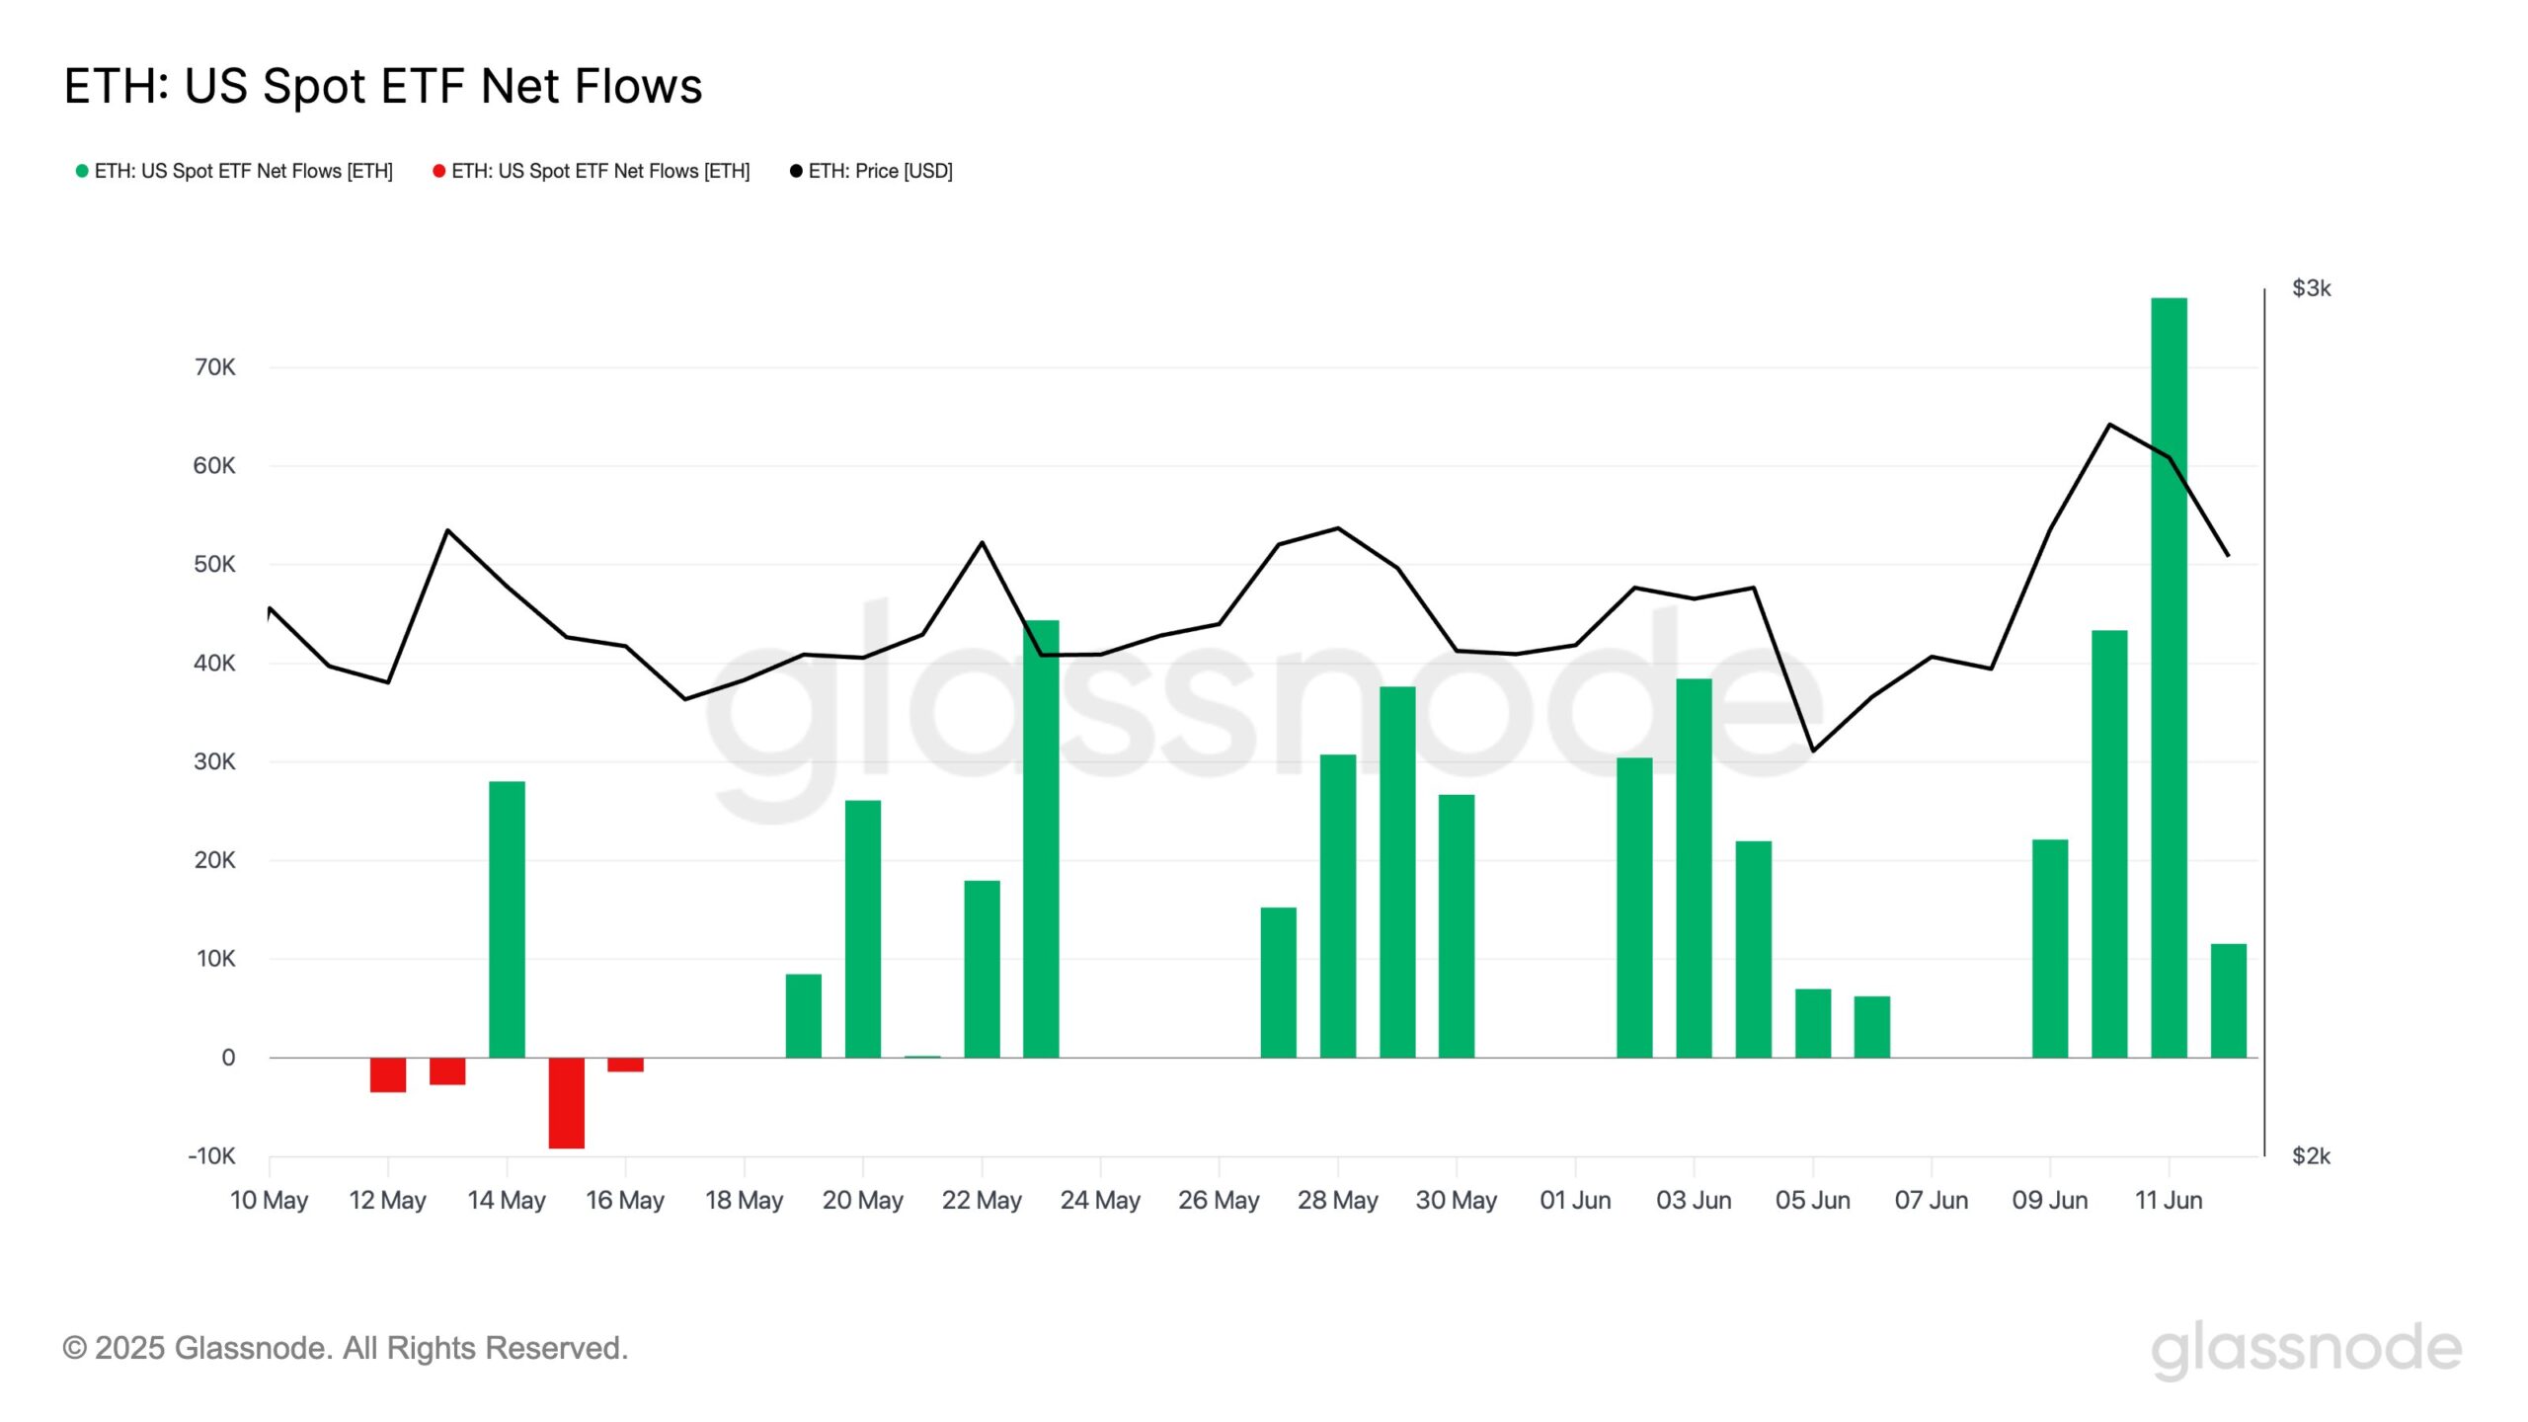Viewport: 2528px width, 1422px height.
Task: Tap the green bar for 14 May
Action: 507,918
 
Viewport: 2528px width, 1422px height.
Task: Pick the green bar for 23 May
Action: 1041,838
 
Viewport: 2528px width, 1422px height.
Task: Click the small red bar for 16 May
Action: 625,1065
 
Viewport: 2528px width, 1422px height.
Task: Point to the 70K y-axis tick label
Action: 214,367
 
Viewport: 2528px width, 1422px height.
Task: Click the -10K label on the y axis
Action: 211,1155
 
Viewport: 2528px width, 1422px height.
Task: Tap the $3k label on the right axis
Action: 2311,288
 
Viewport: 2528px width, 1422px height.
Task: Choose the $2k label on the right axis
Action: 2311,1155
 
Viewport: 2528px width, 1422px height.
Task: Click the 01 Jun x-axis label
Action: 1575,1200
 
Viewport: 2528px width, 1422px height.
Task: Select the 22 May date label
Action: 981,1200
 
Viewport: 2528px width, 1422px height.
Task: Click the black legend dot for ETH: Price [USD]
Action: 796,171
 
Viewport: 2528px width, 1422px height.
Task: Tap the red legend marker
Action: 438,171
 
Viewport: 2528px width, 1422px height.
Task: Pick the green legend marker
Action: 82,171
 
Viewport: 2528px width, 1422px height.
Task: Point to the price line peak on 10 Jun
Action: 2109,425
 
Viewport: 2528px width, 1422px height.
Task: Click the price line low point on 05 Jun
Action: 1812,750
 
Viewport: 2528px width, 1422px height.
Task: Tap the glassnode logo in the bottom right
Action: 2306,1349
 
